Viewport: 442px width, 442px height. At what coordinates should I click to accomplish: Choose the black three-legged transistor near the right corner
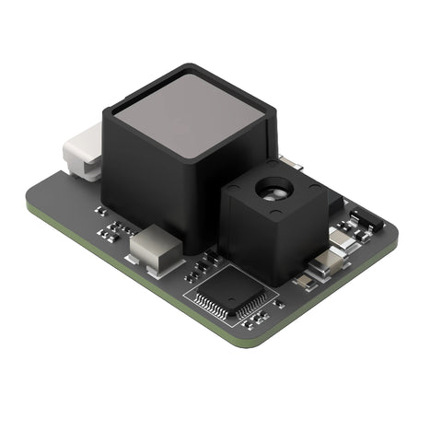click(x=366, y=218)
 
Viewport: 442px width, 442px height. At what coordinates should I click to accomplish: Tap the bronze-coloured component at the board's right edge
click(x=328, y=265)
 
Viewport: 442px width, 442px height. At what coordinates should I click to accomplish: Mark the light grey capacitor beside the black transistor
click(x=343, y=240)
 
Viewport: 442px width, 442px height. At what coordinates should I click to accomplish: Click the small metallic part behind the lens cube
click(x=291, y=163)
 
